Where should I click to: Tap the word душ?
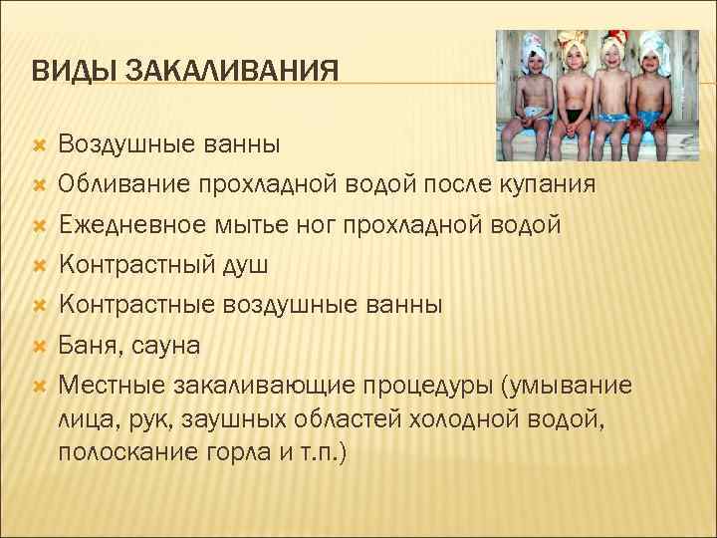[243, 266]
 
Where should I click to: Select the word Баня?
[88, 346]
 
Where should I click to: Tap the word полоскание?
[123, 452]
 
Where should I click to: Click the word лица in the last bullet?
[83, 417]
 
